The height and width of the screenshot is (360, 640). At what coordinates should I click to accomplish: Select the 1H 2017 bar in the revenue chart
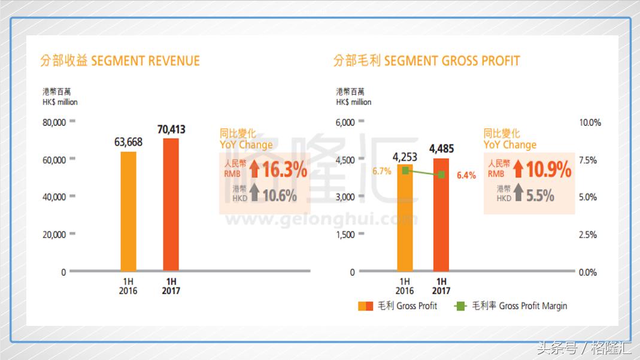pos(171,205)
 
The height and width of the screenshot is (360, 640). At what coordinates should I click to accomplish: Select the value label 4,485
pos(441,148)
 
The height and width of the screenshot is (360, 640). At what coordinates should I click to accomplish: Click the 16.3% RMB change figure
pos(284,170)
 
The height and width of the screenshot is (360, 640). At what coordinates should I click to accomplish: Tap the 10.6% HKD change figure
pos(279,195)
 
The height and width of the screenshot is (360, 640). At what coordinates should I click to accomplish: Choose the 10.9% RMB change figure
pos(548,170)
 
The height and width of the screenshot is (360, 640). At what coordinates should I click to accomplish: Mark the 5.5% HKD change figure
pos(540,195)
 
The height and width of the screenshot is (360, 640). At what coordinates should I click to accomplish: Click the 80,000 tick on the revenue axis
pos(54,122)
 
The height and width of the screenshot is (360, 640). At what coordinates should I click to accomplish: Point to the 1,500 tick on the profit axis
pos(345,234)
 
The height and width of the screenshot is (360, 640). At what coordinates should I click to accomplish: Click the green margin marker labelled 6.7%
pos(405,171)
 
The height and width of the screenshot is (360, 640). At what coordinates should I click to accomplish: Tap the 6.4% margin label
pos(466,176)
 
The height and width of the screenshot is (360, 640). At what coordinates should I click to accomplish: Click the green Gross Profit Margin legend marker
pos(460,306)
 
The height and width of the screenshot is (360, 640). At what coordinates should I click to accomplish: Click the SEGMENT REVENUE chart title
pos(120,60)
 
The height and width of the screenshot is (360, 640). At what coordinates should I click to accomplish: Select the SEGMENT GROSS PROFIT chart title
pos(427,60)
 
